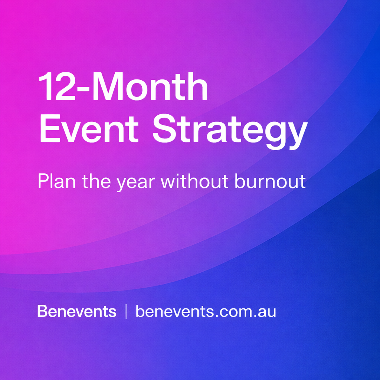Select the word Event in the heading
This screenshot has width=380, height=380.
point(89,129)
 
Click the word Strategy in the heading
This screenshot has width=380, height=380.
point(230,132)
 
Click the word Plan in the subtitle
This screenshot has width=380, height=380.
point(57,181)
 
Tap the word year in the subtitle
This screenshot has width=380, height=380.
point(136,183)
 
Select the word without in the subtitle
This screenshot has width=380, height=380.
point(194,181)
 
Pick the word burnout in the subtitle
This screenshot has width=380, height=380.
point(270,181)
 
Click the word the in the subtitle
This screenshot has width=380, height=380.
point(96,181)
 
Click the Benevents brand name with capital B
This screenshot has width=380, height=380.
point(77,311)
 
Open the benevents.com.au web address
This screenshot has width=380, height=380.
point(206,311)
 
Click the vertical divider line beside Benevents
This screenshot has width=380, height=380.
point(126,311)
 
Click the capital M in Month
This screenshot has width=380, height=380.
point(107,86)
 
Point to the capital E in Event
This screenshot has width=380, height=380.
point(50,129)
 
